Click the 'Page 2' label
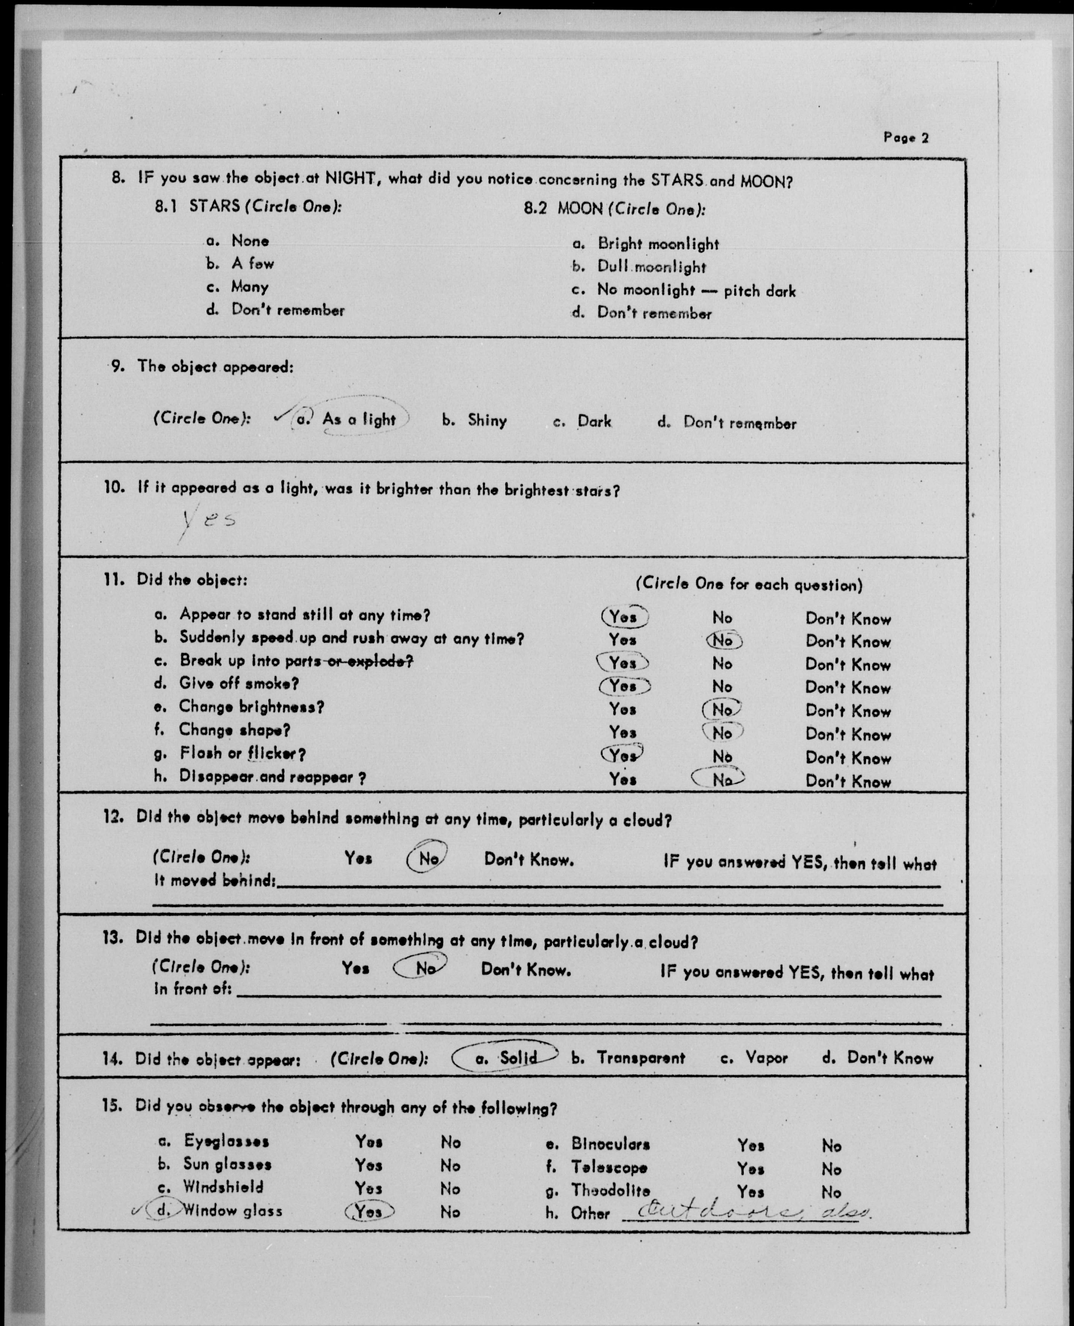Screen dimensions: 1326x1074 click(906, 137)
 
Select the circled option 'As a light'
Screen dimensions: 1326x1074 click(358, 419)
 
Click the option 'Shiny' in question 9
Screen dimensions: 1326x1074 click(487, 421)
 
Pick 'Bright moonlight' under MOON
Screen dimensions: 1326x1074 click(658, 244)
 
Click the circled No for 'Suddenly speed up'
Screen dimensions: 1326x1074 click(723, 640)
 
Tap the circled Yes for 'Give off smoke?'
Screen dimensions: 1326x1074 click(624, 686)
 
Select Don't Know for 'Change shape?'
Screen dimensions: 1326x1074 click(848, 734)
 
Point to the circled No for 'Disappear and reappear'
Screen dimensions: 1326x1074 click(720, 779)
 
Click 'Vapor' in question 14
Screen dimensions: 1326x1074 click(766, 1058)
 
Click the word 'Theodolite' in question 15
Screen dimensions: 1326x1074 click(610, 1190)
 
